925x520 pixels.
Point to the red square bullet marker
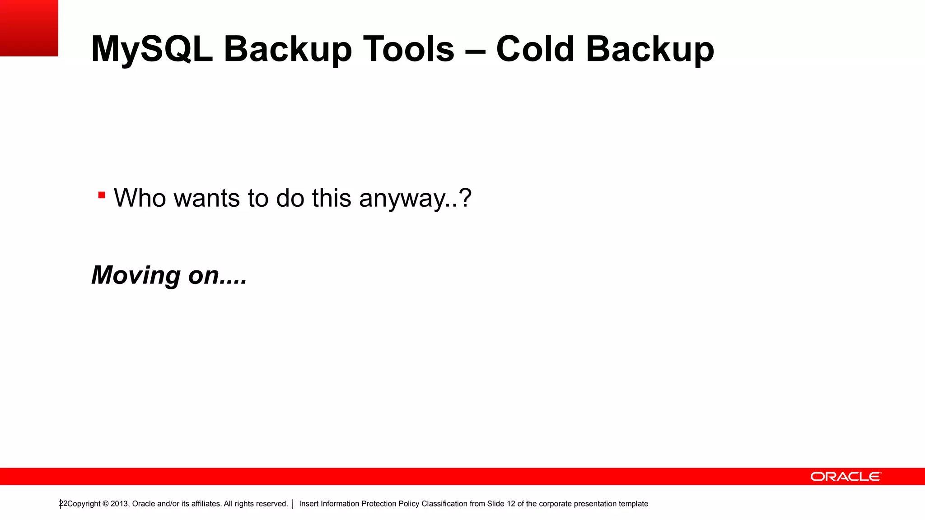click(x=102, y=195)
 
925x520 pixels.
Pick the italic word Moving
click(x=136, y=275)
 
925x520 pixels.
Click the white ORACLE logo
click(x=846, y=477)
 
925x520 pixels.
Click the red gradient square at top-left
click(x=29, y=28)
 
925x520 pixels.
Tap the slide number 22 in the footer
click(x=63, y=503)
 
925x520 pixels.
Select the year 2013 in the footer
click(x=119, y=504)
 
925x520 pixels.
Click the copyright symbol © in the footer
click(x=105, y=504)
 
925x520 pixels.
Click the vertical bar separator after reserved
click(x=293, y=504)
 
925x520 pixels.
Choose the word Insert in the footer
click(x=308, y=504)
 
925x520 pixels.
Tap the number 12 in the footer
click(x=510, y=504)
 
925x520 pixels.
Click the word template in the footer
click(x=633, y=504)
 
